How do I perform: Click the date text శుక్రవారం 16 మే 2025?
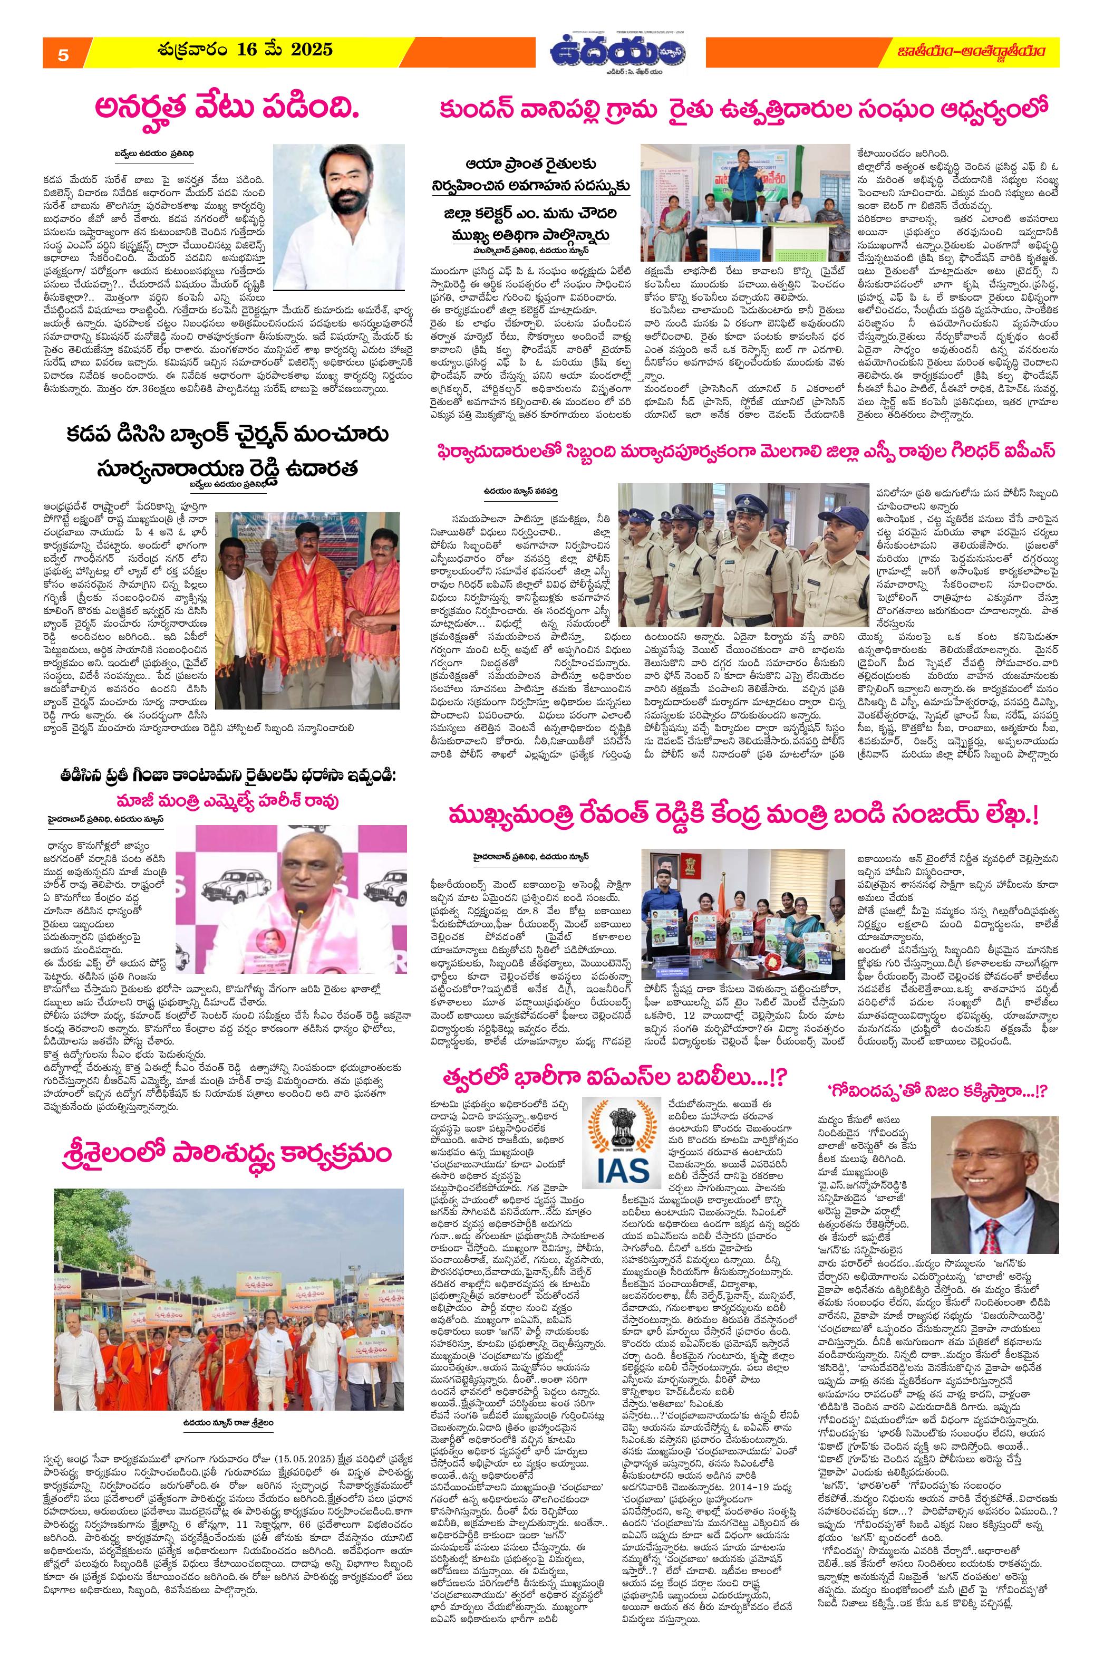pyautogui.click(x=245, y=51)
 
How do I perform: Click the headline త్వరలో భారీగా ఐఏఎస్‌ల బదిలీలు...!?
pyautogui.click(x=613, y=1059)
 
